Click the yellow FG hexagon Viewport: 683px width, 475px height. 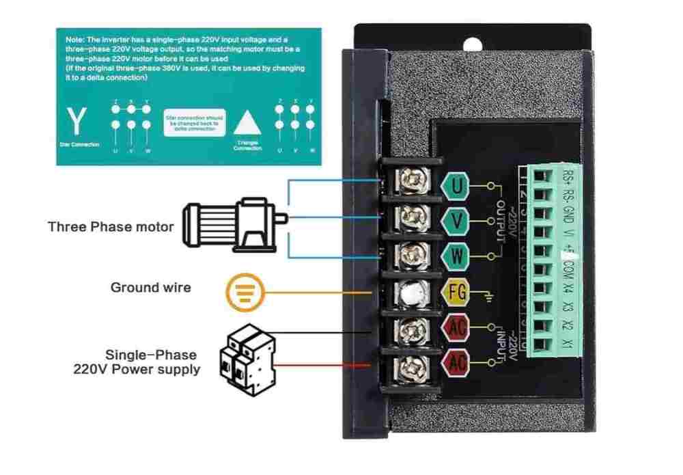(457, 293)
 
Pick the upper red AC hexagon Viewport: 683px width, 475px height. (457, 327)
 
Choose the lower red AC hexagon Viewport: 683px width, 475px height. (457, 362)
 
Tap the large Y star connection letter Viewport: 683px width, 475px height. (79, 122)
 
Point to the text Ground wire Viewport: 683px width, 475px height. (150, 288)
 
